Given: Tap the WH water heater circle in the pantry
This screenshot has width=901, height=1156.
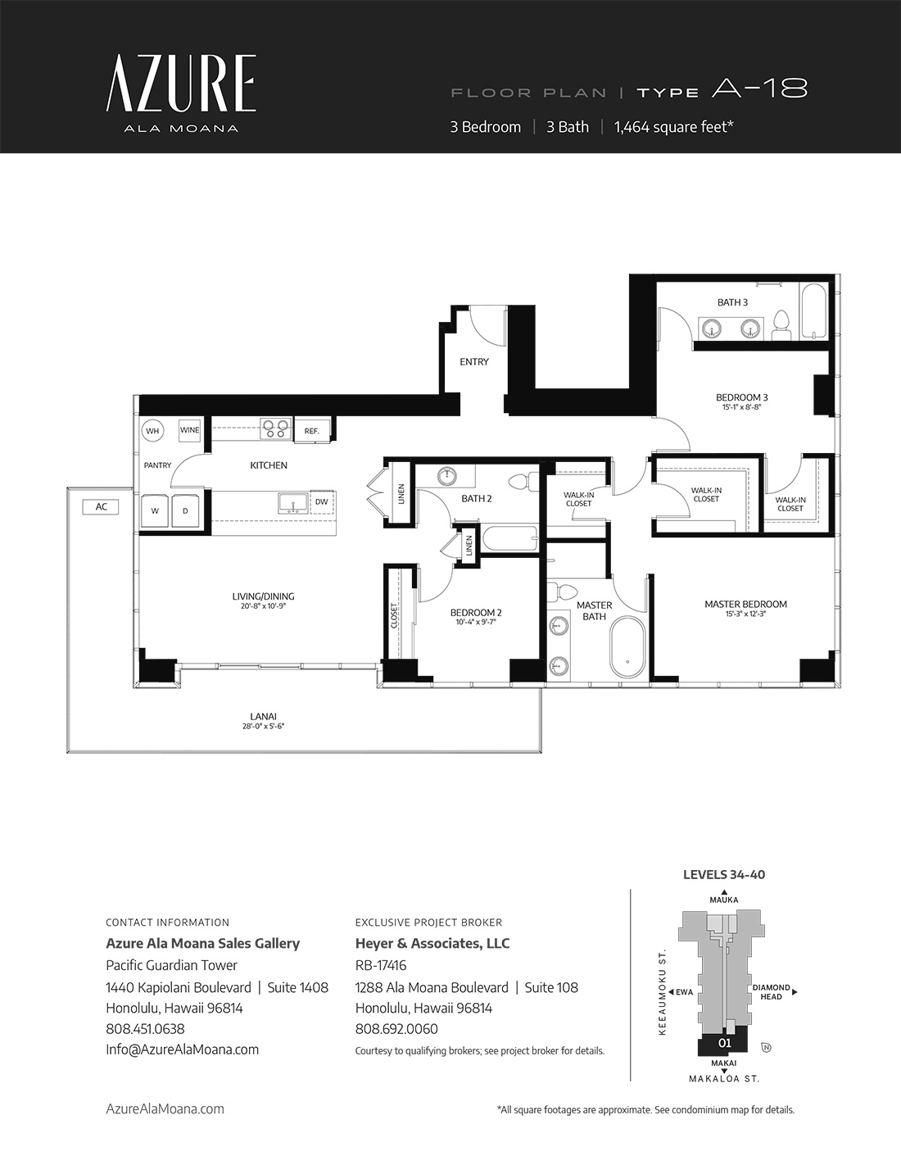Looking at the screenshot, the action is click(x=152, y=431).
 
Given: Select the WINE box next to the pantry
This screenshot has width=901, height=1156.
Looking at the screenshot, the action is click(x=189, y=430).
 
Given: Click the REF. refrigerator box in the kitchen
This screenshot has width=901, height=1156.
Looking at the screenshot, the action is click(x=312, y=430).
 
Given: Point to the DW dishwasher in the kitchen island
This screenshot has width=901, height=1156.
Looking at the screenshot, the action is click(x=322, y=501).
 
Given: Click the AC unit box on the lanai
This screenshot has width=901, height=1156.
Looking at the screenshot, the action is click(x=101, y=507).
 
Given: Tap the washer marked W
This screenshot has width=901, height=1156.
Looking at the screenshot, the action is click(x=155, y=510).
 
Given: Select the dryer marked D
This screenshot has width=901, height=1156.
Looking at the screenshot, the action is click(x=186, y=510).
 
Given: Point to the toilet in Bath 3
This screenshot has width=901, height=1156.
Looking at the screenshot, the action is click(x=781, y=325).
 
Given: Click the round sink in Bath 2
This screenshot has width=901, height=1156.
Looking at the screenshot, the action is click(x=448, y=476).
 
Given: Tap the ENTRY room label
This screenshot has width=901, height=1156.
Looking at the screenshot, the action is click(x=474, y=362).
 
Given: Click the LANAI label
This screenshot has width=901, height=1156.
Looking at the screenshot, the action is click(x=263, y=717).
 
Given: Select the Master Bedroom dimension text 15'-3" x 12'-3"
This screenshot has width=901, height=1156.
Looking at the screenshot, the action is click(x=745, y=614).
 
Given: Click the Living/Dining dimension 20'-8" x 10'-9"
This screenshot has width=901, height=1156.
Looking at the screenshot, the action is click(x=263, y=606).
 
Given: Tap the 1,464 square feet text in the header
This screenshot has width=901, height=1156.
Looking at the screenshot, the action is click(x=674, y=127).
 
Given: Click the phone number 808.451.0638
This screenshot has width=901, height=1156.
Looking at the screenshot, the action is click(x=145, y=1028).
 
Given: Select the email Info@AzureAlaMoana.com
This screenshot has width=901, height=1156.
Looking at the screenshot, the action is click(x=183, y=1049).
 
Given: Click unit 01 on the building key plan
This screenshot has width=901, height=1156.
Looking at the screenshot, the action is click(x=724, y=1043).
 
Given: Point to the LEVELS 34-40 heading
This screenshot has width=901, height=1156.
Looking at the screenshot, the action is click(x=724, y=875).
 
